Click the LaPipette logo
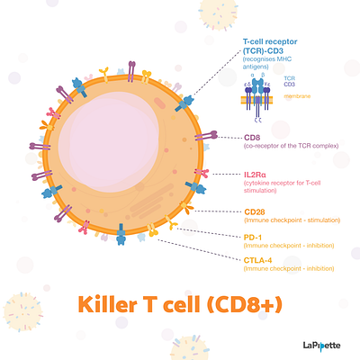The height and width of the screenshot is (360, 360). click(321, 344)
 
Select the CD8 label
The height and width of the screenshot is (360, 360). click(252, 138)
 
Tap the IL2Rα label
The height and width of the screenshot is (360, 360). click(257, 174)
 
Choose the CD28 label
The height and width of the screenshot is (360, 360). click(255, 212)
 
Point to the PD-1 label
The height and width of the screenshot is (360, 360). click(254, 236)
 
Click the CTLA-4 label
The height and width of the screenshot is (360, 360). click(259, 259)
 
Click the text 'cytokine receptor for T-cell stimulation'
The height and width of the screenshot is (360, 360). click(286, 187)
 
